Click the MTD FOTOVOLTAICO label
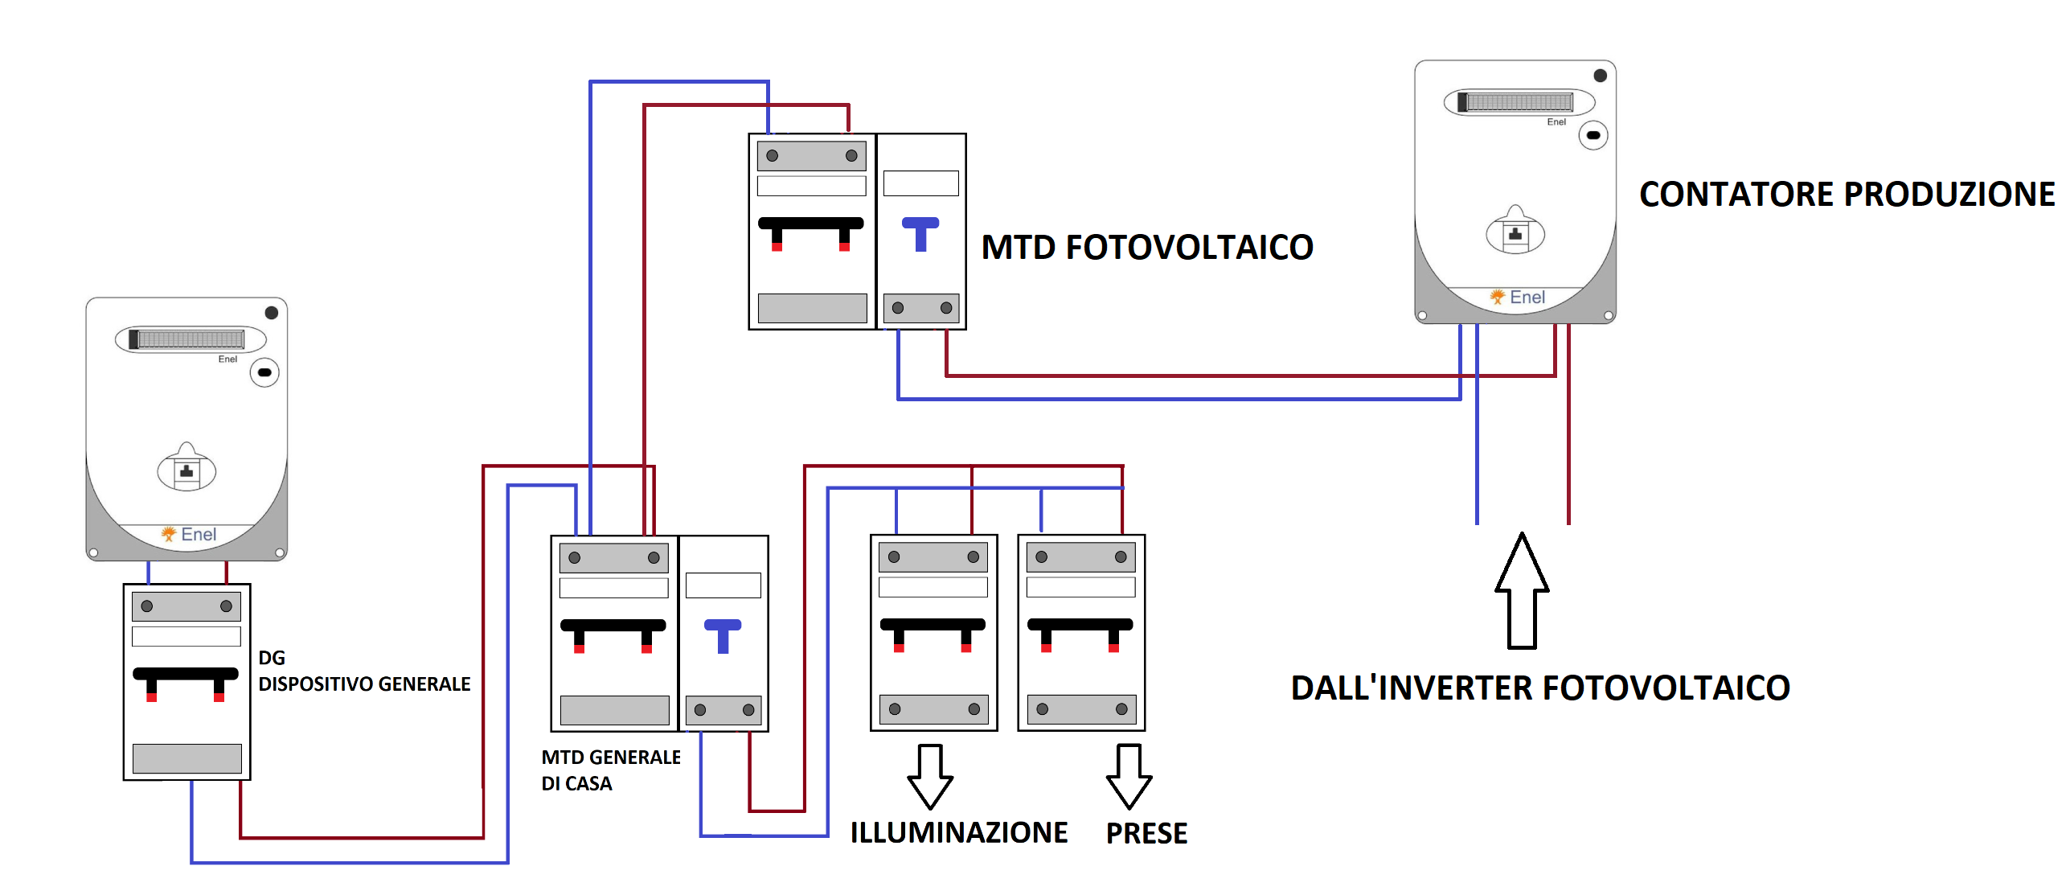click(1147, 247)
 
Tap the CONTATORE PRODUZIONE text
click(1847, 195)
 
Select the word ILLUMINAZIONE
click(958, 832)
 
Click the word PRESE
click(1146, 833)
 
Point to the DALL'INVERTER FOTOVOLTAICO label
click(1540, 688)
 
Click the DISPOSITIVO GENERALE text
click(364, 684)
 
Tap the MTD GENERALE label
click(611, 758)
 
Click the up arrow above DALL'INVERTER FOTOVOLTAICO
click(1522, 591)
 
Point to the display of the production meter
click(1519, 102)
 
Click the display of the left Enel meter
click(191, 339)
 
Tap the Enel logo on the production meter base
click(1518, 298)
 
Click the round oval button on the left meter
click(264, 373)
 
